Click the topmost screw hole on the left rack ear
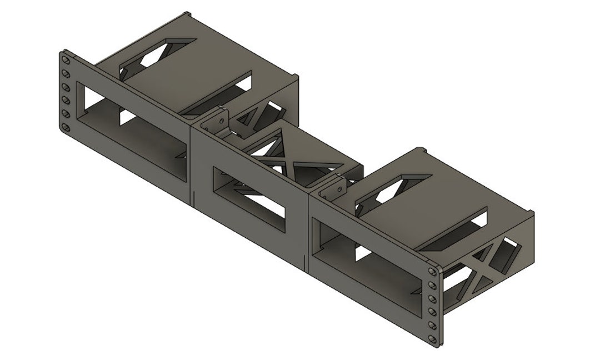click(x=66, y=59)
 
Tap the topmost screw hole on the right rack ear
click(x=432, y=271)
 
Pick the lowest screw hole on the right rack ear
click(x=432, y=339)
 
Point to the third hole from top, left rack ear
click(x=66, y=87)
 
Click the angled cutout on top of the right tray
click(x=394, y=192)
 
